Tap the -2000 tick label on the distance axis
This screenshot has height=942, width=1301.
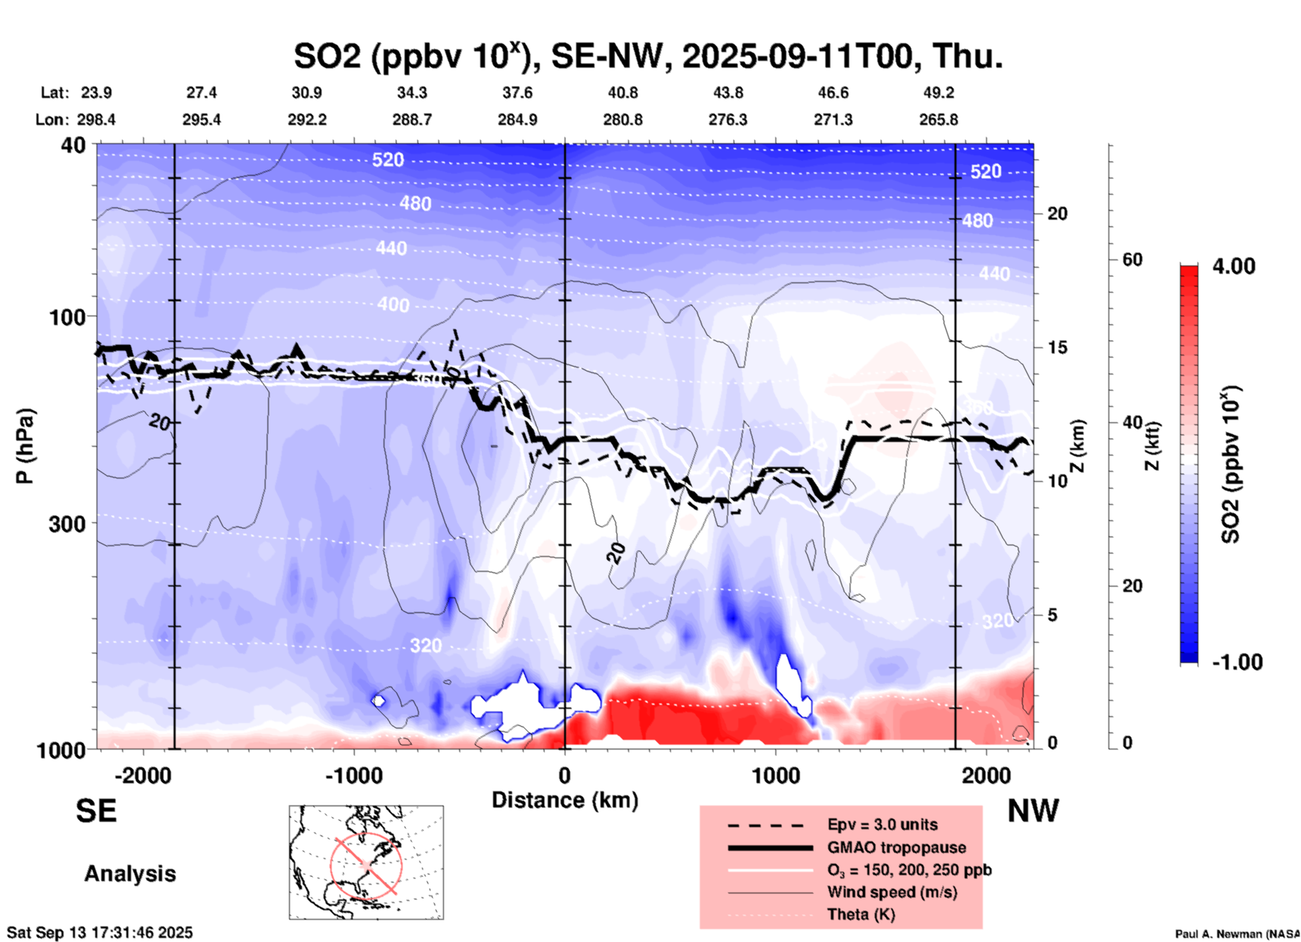[x=143, y=775]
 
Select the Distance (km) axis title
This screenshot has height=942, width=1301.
[x=565, y=800]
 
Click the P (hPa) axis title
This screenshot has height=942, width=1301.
[x=25, y=446]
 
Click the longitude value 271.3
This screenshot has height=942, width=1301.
[x=833, y=120]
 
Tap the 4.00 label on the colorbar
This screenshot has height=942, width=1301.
[x=1233, y=266]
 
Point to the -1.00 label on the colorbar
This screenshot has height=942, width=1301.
[x=1237, y=662]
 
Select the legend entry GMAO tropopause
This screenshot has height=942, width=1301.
[x=896, y=847]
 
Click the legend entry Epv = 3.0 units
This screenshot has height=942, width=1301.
[x=882, y=824]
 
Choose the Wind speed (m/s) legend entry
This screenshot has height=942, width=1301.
[x=892, y=892]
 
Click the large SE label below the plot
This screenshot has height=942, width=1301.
[x=96, y=811]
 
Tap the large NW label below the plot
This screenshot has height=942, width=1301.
[x=1033, y=811]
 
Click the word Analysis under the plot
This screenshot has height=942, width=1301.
[x=130, y=874]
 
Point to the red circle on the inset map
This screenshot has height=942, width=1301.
[x=366, y=864]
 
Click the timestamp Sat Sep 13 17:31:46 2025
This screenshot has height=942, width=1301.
[x=100, y=933]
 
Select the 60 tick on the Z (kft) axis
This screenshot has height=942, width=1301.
[x=1131, y=259]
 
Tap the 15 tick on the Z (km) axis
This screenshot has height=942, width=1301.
[x=1057, y=347]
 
